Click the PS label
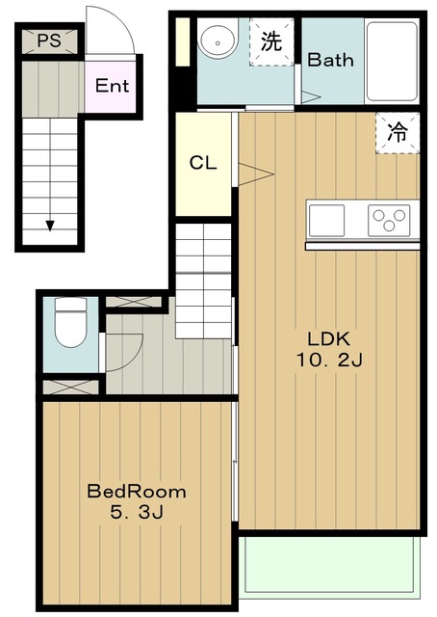click(49, 40)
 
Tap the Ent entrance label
click(112, 86)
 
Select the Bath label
click(330, 60)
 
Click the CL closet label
click(203, 163)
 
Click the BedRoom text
click(137, 492)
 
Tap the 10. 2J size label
click(328, 360)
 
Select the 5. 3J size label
click(137, 512)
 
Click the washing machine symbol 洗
click(271, 41)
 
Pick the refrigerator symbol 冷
click(398, 133)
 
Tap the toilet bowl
click(70, 322)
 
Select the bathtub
click(392, 62)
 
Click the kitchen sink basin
click(326, 221)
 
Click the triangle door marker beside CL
click(256, 174)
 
